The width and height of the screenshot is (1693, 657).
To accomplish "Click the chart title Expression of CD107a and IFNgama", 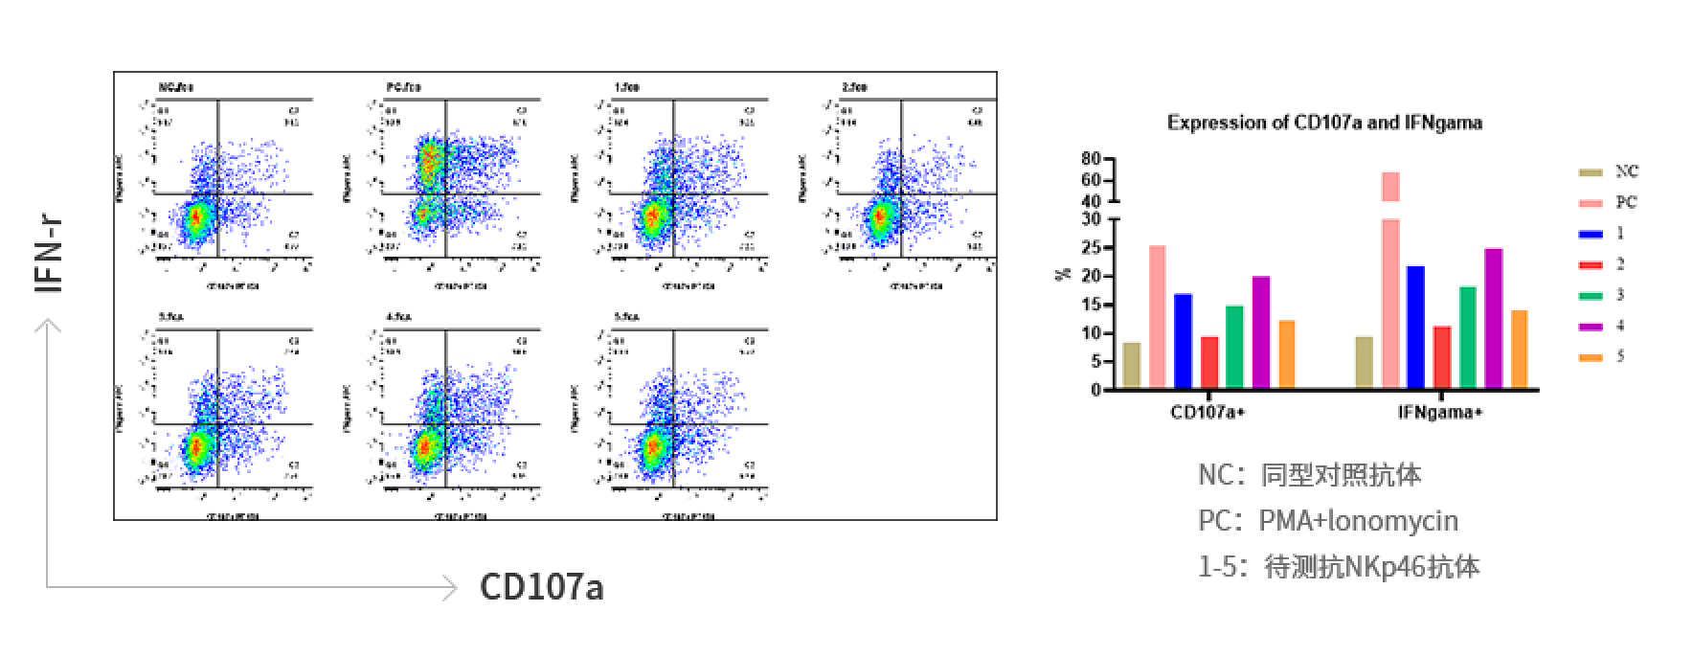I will click(1324, 123).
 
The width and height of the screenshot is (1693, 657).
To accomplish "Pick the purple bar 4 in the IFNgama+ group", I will click(1493, 318).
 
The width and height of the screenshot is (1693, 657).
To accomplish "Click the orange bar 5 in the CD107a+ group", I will click(1286, 353).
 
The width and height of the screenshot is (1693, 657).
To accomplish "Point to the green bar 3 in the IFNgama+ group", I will click(1467, 337).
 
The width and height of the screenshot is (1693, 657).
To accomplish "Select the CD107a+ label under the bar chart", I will click(1208, 413).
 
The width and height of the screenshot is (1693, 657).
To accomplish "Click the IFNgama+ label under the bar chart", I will click(1440, 413).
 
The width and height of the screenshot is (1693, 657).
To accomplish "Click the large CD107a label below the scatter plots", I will click(541, 586).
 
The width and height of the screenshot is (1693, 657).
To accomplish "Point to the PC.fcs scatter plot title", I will click(403, 88).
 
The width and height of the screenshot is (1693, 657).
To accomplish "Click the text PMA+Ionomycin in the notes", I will click(1358, 521).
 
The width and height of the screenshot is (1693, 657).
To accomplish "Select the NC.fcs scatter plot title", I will click(176, 88).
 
